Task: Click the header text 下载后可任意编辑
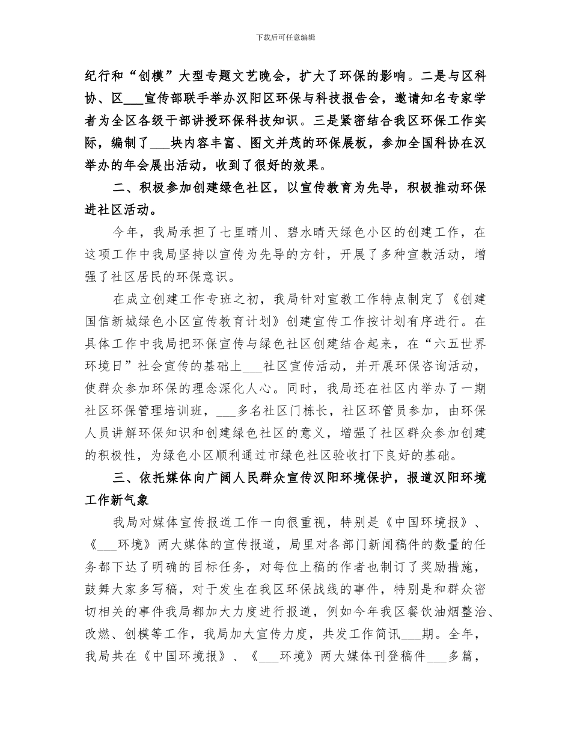pyautogui.click(x=285, y=37)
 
